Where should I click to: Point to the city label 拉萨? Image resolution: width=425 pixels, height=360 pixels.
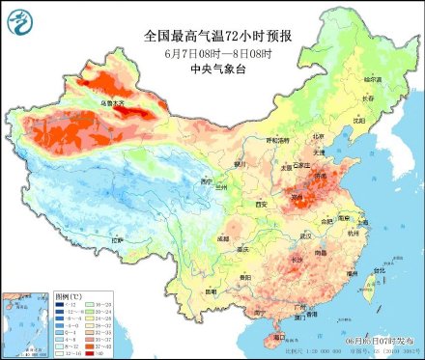point(117,239)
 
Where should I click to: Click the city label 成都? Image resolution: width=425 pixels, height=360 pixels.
point(223,236)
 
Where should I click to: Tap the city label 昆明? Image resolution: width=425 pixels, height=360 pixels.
point(214,287)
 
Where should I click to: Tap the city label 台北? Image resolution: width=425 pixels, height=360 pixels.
point(364,286)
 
